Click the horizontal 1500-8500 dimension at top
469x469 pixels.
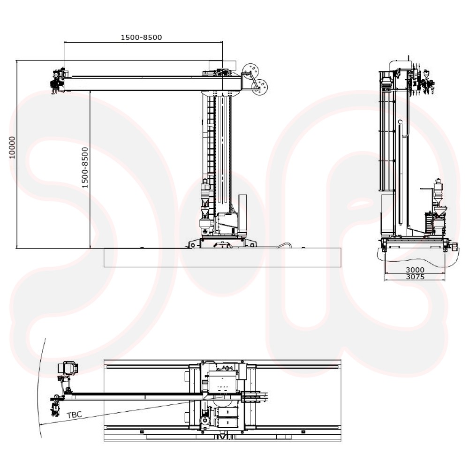tap(141, 38)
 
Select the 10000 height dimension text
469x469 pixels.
tap(12, 147)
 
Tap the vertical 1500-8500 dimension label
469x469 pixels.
tap(85, 167)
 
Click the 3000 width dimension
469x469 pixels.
tap(415, 270)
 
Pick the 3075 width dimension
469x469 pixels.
tap(415, 277)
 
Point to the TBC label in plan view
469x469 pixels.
tap(74, 415)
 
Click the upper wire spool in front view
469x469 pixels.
tap(250, 71)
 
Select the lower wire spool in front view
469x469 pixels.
tap(259, 87)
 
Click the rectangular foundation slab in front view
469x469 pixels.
tap(222, 257)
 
